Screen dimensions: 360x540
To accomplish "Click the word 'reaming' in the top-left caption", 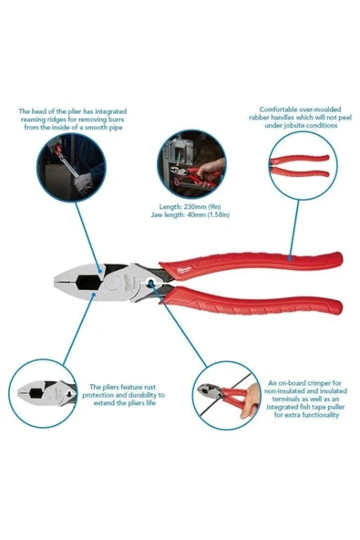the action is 34,119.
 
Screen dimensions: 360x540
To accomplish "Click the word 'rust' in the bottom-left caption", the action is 149,387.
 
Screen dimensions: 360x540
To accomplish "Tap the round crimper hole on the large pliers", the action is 150,283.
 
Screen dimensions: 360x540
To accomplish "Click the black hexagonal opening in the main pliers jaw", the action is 88,283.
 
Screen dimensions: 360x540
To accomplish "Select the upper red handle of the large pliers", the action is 251,261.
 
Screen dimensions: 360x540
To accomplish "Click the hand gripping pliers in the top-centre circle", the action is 210,169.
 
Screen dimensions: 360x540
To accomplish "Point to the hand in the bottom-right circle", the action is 251,400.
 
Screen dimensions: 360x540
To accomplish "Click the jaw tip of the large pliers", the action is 55,281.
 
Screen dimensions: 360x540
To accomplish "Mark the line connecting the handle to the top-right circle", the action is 293,229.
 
